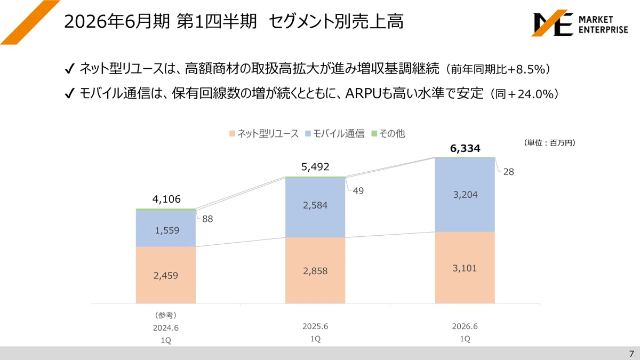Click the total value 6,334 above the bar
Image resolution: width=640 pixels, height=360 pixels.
tap(465, 148)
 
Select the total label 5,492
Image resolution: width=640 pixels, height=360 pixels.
tap(315, 166)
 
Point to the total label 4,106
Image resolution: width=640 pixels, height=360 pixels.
tap(166, 199)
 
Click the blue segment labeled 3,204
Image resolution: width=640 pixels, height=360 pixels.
tap(465, 195)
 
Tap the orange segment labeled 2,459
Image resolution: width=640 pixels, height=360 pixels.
tap(166, 275)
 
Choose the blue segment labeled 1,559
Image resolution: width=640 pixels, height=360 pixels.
tap(166, 229)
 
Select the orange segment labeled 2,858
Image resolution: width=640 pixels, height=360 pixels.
tap(315, 270)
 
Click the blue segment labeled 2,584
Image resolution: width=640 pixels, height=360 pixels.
tap(315, 207)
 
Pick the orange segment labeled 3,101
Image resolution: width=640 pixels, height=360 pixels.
tap(465, 267)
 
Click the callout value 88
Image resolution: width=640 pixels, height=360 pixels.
tap(207, 219)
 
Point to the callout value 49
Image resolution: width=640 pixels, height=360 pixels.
tap(358, 191)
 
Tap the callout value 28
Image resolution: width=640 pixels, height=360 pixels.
tap(509, 172)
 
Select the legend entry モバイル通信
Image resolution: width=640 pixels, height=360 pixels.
tap(335, 133)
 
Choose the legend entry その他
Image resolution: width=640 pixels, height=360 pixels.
tap(388, 133)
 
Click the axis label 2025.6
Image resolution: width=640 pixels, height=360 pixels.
tap(315, 326)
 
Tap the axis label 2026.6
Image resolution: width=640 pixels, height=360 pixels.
tap(465, 326)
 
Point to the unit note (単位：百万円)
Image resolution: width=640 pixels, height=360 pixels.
tap(550, 143)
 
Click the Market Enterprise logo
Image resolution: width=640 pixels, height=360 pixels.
tap(581, 23)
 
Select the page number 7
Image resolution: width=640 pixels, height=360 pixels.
tap(631, 354)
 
